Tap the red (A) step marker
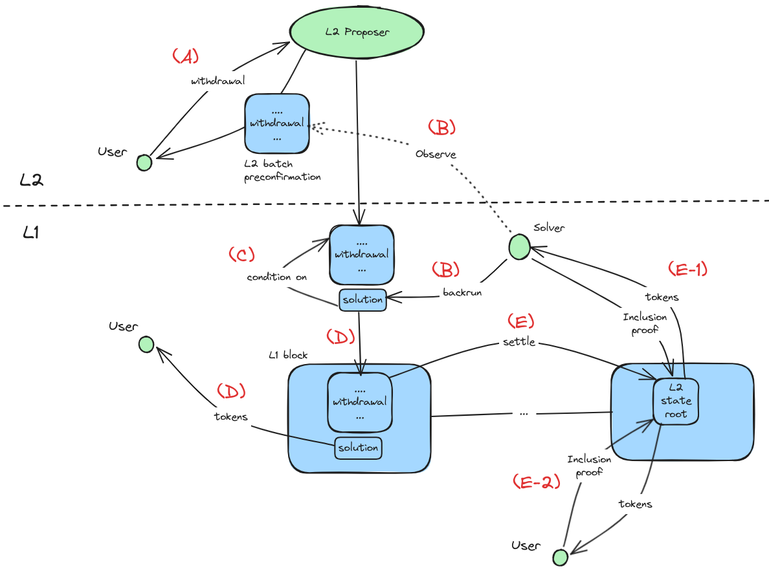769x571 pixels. click(x=185, y=57)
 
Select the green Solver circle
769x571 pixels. click(x=518, y=246)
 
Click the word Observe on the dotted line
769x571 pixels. click(x=436, y=155)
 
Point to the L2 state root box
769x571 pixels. click(x=675, y=401)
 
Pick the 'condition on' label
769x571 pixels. click(x=276, y=277)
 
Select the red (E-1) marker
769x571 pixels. click(x=686, y=270)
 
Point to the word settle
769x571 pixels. click(x=518, y=341)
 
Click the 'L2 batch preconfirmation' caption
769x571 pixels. click(x=282, y=171)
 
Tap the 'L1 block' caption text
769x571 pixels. click(x=288, y=355)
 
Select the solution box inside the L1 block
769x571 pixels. click(x=358, y=447)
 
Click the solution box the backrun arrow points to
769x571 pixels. click(x=363, y=299)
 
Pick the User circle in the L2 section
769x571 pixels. click(x=144, y=162)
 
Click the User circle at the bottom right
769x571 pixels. click(x=560, y=556)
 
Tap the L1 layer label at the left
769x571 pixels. click(x=31, y=233)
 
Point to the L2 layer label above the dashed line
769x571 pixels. click(x=31, y=180)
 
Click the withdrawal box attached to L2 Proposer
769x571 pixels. click(x=276, y=123)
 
